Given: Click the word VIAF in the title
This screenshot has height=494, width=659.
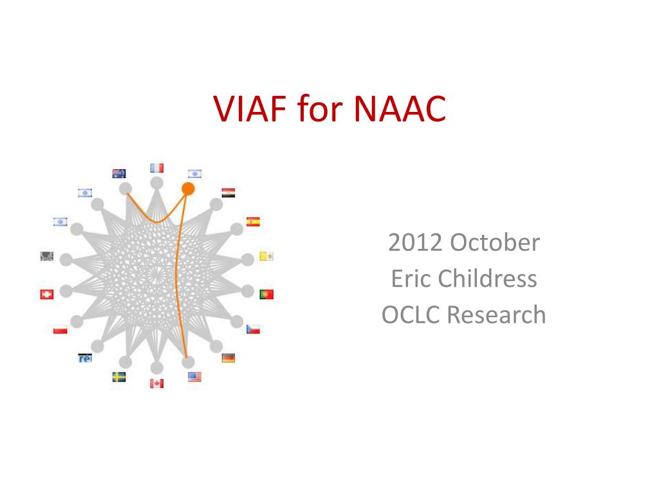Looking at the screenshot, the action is [250, 108].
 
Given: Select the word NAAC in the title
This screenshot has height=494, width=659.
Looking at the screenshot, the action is [400, 108].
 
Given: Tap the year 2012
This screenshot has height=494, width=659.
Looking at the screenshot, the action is [415, 242].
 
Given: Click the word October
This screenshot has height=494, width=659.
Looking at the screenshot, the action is [495, 242].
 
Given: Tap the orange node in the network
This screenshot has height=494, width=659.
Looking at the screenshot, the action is [188, 189].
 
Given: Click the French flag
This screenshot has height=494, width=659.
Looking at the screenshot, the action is [157, 168].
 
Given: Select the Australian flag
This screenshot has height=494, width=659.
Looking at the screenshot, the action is [119, 174].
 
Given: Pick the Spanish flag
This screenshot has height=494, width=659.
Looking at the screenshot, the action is [253, 222].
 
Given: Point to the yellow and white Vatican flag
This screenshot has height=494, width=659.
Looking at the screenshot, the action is [266, 256].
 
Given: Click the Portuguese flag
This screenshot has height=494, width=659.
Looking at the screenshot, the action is [266, 294].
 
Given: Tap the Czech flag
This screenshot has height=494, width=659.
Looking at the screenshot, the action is [253, 329].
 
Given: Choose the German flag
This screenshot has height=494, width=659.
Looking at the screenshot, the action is [228, 358].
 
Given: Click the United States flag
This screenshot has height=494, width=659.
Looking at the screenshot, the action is [194, 377].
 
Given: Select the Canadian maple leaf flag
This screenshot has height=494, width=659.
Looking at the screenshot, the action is [157, 383].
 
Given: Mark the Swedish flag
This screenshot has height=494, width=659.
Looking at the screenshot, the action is [119, 377].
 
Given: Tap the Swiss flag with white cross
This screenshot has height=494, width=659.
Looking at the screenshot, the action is [46, 294].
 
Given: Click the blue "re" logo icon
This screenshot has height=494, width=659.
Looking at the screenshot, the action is [85, 358].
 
